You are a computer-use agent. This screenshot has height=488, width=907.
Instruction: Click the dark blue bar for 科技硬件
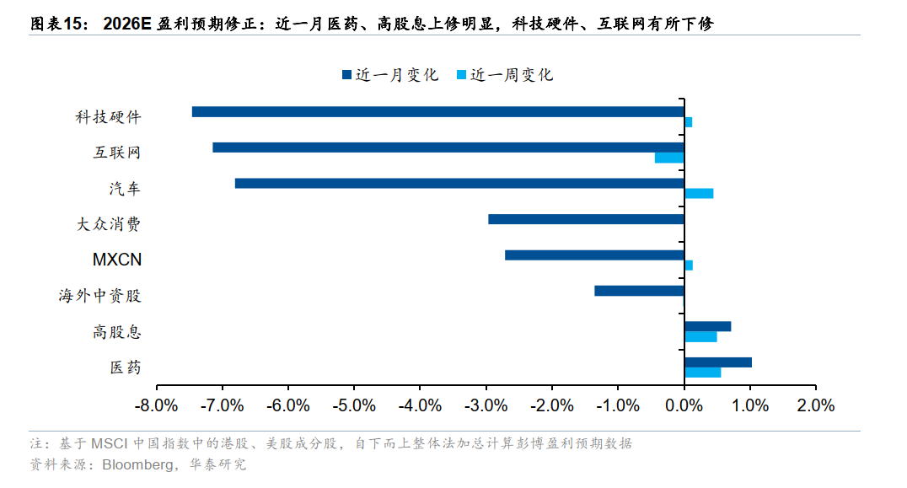pos(438,111)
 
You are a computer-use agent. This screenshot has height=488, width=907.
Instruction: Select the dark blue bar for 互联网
pos(448,147)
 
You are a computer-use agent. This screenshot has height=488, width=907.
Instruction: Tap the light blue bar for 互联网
pos(669,158)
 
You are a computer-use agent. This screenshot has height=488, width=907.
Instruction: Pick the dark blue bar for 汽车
pos(459,183)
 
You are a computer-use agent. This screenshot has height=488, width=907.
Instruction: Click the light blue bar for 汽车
pos(699,193)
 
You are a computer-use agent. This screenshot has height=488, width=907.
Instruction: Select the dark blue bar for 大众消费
pos(586,219)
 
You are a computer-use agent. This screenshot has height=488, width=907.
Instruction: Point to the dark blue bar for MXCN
pos(594,255)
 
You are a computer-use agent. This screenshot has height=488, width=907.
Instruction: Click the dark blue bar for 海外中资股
pos(639,291)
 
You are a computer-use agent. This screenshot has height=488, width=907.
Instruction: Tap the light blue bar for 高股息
pos(700,336)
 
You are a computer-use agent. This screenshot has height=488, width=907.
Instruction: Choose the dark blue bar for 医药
pos(717,362)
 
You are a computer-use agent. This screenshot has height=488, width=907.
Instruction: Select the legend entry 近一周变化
pos(504,75)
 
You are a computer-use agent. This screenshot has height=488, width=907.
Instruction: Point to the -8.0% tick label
pos(156,405)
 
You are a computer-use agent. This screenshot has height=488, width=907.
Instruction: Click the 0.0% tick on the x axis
pos(684,405)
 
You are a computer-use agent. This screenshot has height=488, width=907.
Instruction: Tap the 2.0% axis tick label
pos(814,405)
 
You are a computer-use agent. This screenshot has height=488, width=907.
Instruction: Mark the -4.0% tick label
pos(420,405)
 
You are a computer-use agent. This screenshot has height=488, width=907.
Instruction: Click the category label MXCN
pos(117,260)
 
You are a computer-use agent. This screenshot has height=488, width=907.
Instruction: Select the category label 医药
pos(125,367)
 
